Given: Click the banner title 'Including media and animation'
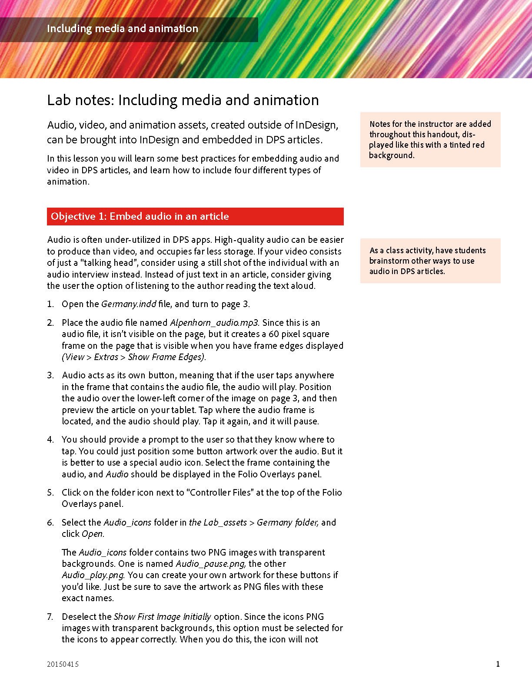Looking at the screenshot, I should [x=122, y=29].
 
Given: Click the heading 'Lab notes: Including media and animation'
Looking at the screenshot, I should [x=183, y=100].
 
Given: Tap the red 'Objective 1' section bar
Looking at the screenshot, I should [x=195, y=216].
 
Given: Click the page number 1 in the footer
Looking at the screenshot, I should [x=498, y=664].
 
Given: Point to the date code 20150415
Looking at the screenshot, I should [x=63, y=664].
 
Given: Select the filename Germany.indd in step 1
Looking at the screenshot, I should [x=129, y=304].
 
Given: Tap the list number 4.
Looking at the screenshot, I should [x=50, y=440].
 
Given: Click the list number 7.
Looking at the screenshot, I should [x=50, y=617].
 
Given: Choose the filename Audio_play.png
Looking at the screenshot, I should [x=93, y=575].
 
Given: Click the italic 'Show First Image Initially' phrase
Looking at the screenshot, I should [x=162, y=617].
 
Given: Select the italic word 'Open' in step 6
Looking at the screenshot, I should [x=93, y=534].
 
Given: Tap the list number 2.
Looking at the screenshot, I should [x=50, y=323].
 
